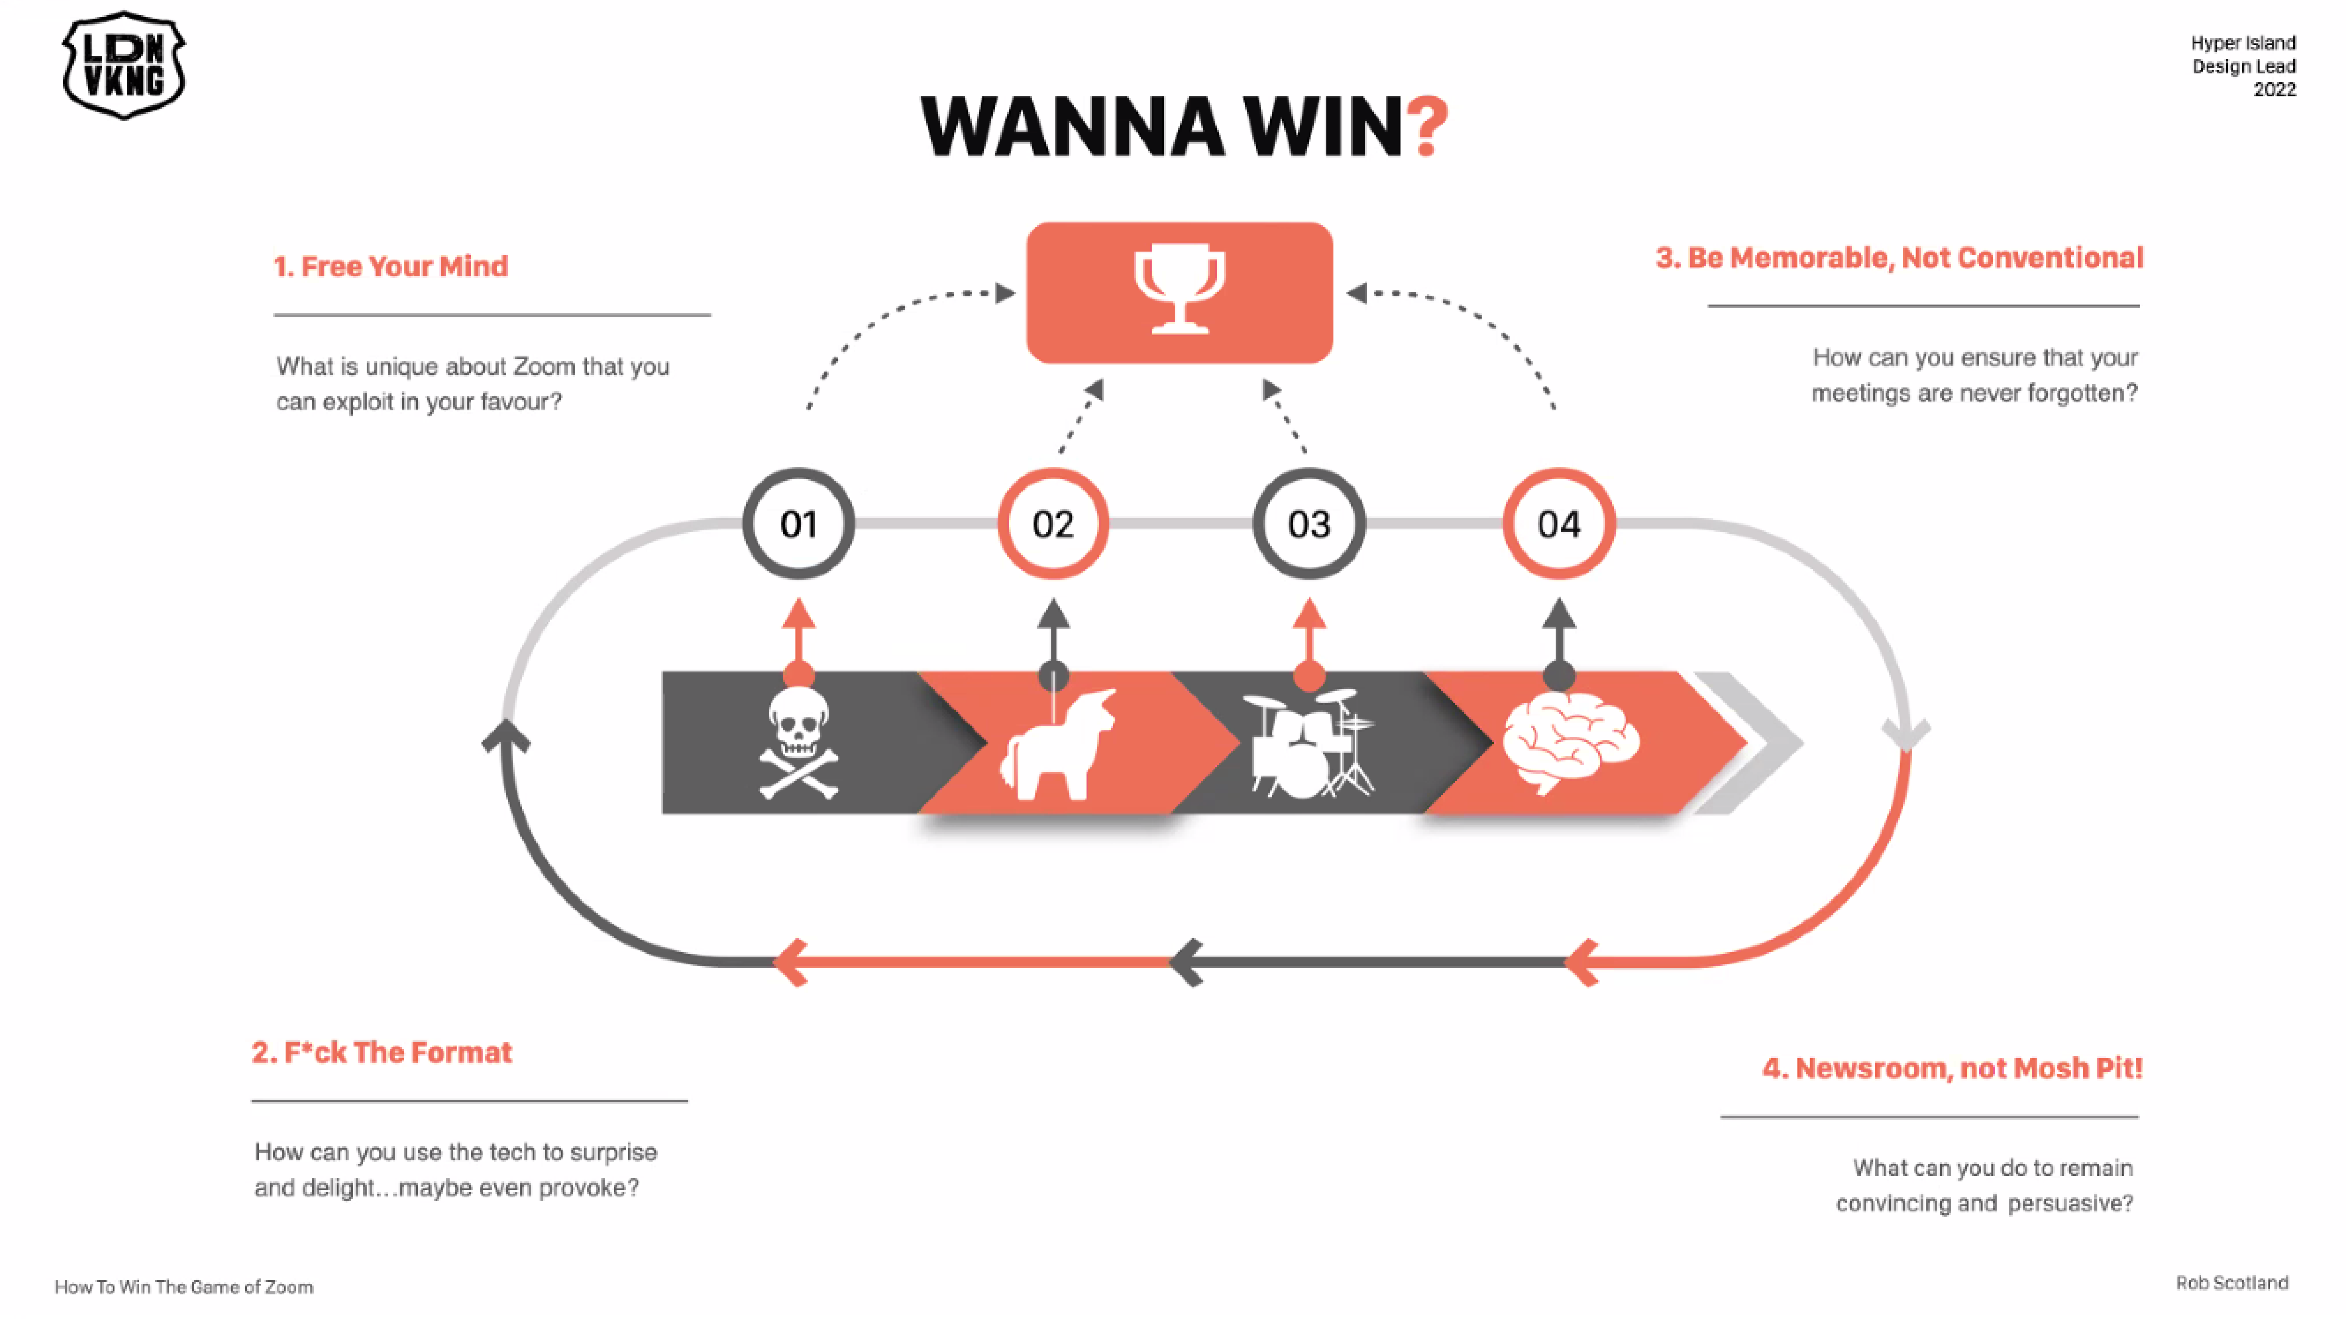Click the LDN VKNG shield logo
(124, 66)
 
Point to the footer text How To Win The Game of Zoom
(184, 1287)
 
